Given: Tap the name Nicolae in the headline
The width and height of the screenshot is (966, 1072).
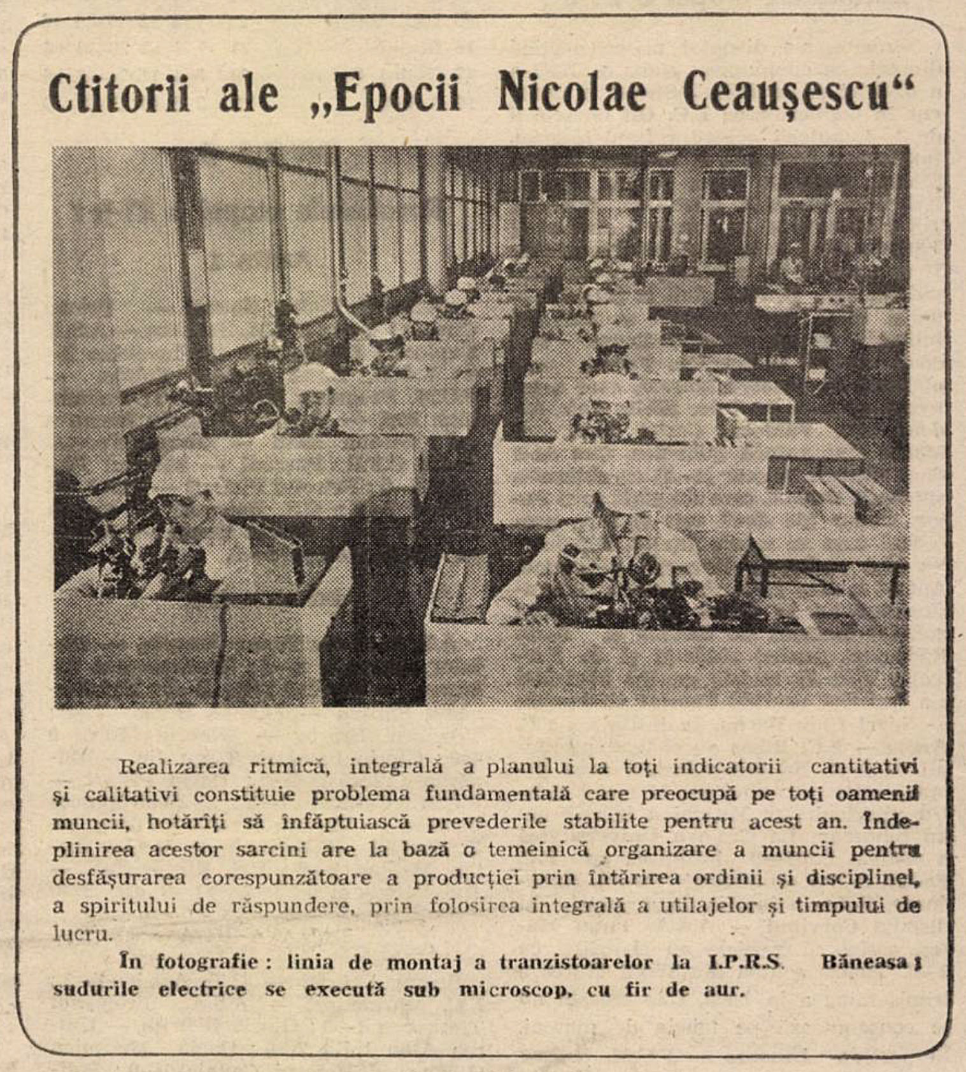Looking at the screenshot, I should point(571,94).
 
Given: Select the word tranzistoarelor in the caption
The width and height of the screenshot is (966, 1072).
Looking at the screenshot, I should point(576,962).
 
